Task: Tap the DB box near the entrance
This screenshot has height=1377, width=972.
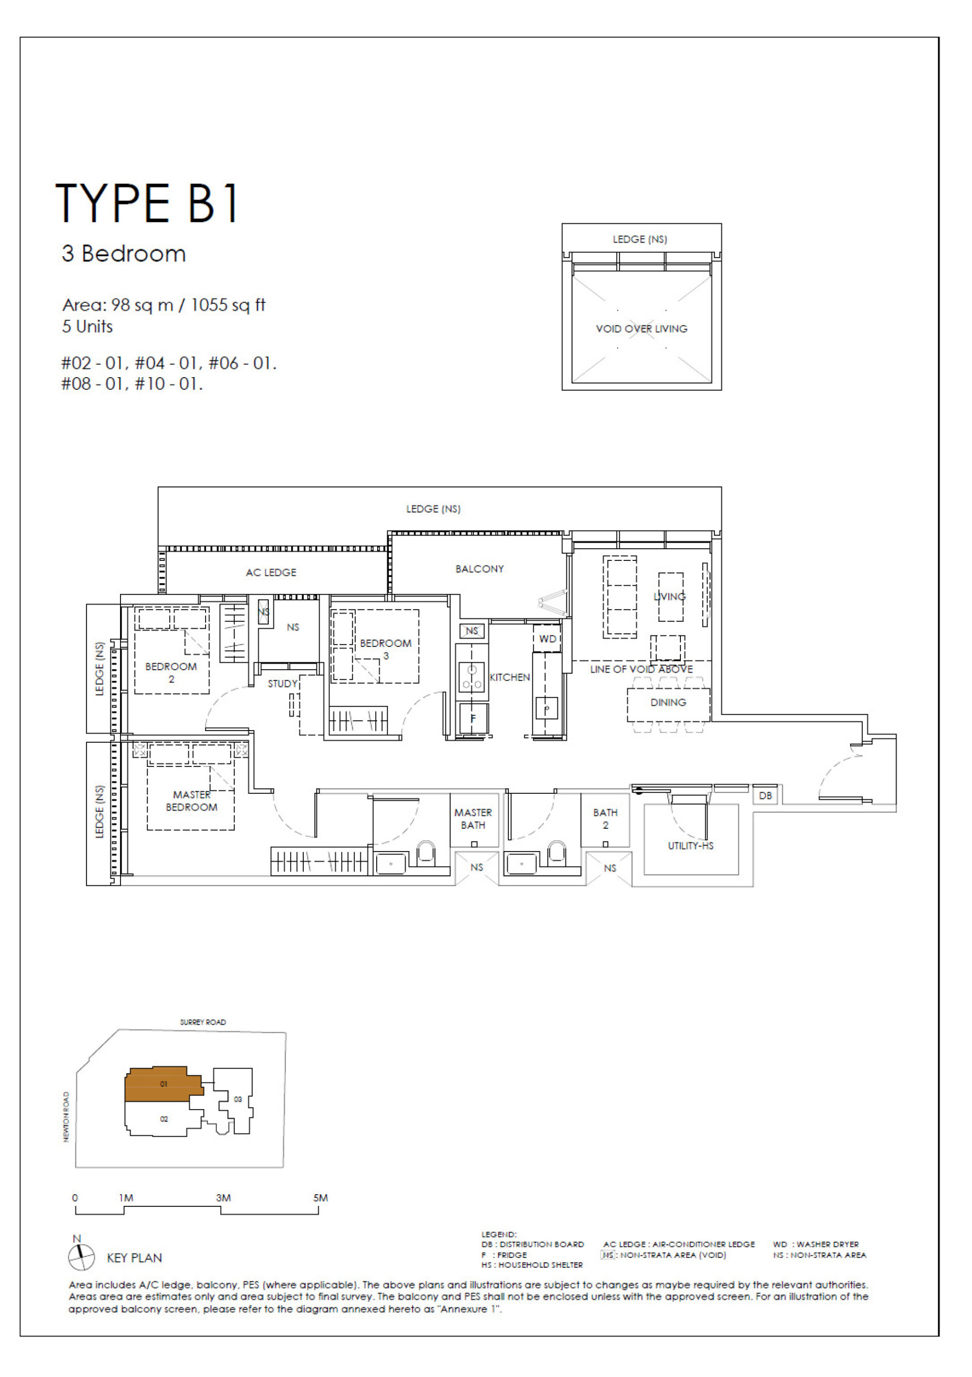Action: tap(765, 796)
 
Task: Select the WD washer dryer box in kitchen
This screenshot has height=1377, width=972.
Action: tap(547, 639)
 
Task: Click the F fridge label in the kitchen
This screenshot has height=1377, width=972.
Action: tap(472, 718)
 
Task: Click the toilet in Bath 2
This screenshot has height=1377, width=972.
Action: tap(556, 853)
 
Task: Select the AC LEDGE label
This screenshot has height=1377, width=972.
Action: tap(271, 572)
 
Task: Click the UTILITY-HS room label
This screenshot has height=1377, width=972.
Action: tap(690, 845)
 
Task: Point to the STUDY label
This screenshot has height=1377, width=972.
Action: tap(282, 684)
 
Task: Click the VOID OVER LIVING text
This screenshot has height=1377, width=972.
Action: tap(641, 329)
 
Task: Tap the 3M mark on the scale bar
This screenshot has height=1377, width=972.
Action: tap(223, 1198)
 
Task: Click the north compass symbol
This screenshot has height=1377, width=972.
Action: tap(81, 1257)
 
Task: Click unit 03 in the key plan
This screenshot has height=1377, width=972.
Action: tap(237, 1099)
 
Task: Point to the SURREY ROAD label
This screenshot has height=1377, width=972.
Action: tap(202, 1022)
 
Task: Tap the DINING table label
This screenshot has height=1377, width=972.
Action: tap(668, 702)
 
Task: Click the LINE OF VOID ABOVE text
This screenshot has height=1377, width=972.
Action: tap(641, 669)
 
